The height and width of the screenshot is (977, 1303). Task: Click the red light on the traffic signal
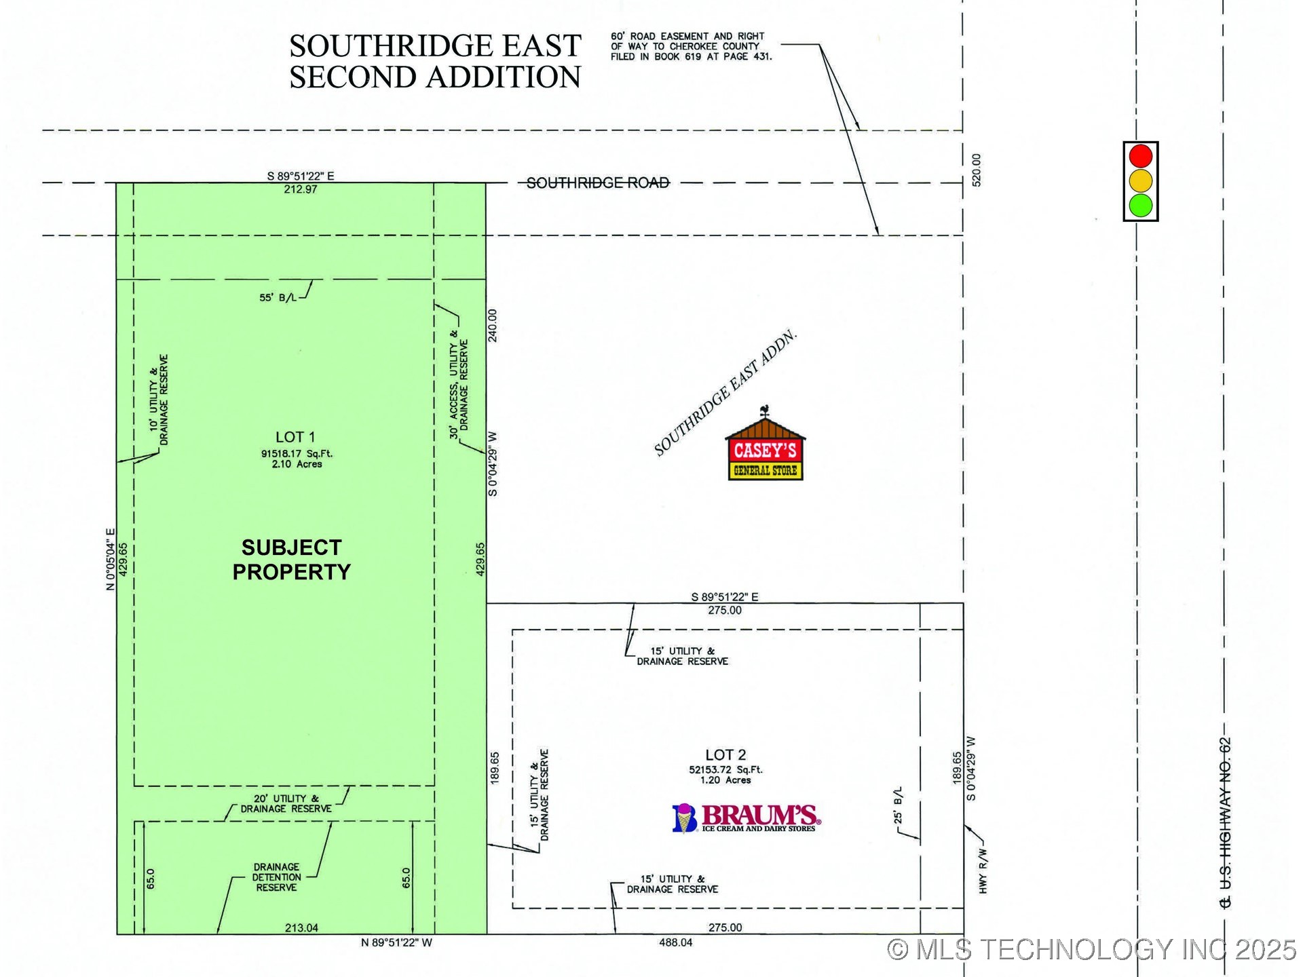[x=1141, y=156]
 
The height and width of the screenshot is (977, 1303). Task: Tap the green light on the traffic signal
[x=1141, y=205]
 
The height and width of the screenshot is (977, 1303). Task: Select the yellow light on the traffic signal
[x=1141, y=180]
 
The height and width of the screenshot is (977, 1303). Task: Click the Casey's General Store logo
[x=766, y=447]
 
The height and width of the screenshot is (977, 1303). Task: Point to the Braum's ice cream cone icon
[x=685, y=818]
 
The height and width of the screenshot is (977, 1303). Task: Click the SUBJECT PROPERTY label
[x=291, y=560]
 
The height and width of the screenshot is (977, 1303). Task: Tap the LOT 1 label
[x=295, y=438]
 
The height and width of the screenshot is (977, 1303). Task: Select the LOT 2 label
[x=725, y=755]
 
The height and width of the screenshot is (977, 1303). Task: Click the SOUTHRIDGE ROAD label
[x=598, y=183]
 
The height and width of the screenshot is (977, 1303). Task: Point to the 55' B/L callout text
[x=278, y=297]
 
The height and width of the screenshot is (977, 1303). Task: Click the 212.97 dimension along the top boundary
[x=301, y=189]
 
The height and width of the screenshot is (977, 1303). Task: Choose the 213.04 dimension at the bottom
[x=301, y=927]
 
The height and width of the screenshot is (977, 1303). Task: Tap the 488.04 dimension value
[x=676, y=942]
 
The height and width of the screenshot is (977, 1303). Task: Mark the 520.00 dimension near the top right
[x=977, y=170]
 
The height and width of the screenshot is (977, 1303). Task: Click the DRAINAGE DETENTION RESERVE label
[x=276, y=877]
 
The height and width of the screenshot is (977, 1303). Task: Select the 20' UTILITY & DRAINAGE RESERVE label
[x=286, y=804]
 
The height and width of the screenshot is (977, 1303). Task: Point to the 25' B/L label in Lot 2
[x=899, y=806]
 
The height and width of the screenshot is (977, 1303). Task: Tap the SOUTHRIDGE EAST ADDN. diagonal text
[x=724, y=394]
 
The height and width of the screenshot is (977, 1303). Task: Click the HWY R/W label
[x=983, y=871]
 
